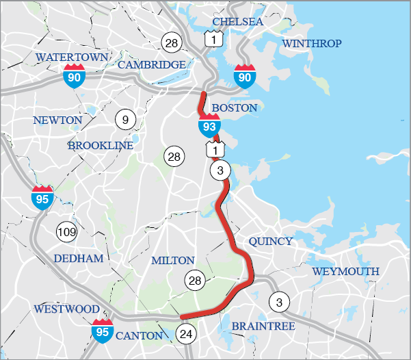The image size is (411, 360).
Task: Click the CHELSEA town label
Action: tap(237, 22)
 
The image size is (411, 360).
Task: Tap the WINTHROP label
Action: tap(311, 44)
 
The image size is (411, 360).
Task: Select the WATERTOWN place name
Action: tap(72, 57)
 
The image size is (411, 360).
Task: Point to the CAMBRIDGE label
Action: tap(152, 64)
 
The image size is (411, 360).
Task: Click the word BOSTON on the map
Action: tap(235, 108)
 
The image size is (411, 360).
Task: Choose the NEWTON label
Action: tap(57, 120)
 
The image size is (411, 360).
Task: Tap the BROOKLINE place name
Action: tap(100, 146)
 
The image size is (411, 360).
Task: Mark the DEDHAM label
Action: tap(77, 258)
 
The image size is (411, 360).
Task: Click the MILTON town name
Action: tap(172, 261)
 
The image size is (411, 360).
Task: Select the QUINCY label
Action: tap(270, 242)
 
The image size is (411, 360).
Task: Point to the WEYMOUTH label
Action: tap(345, 272)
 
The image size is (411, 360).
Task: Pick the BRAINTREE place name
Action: tap(263, 326)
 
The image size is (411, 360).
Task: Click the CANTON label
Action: tap(139, 335)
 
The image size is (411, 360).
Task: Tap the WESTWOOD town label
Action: tap(66, 309)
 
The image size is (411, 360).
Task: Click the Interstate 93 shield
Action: tap(210, 125)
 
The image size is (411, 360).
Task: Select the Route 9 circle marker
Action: tap(125, 120)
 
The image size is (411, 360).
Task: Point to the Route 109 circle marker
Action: tap(66, 231)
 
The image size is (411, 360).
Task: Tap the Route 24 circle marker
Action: tap(185, 334)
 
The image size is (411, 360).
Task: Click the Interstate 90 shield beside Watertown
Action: tap(75, 76)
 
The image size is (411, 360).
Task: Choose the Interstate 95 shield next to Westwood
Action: tap(103, 330)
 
